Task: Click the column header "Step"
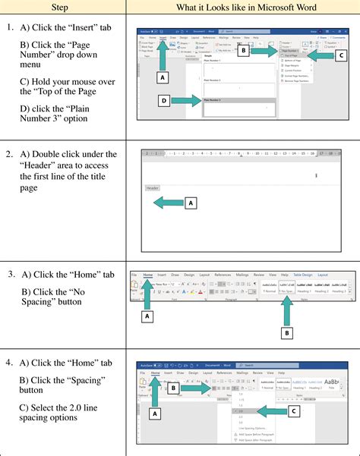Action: [x=63, y=8]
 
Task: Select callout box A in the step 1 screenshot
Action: [x=161, y=77]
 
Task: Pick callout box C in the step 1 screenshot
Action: [x=341, y=55]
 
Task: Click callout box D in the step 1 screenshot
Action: [x=163, y=100]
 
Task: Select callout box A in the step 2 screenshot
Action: [x=191, y=203]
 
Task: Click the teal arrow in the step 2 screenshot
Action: [x=167, y=203]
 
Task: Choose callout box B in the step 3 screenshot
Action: [x=286, y=332]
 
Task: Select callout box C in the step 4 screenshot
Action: [x=294, y=410]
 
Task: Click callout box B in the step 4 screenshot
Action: [x=173, y=388]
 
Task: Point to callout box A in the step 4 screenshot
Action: [x=156, y=414]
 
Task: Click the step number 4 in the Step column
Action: [x=9, y=362]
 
